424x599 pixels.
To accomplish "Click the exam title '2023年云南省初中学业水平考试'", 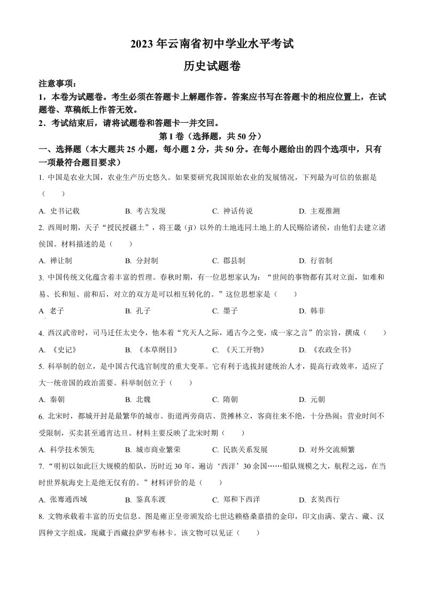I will [212, 44].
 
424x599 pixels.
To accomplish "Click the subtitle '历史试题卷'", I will [212, 66].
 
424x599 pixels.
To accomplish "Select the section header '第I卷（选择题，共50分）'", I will [212, 136].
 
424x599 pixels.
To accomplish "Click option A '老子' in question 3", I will [52, 310].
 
